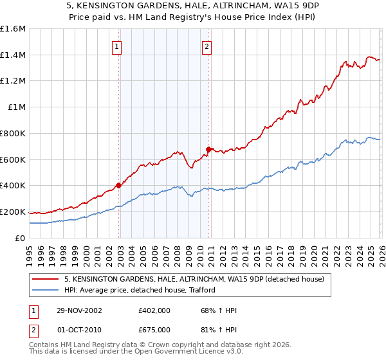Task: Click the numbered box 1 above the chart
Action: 116,46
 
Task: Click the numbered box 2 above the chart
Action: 207,46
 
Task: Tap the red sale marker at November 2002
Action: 119,185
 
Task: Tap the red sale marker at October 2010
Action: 208,149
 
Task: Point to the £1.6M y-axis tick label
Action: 13,29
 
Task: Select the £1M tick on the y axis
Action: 16,107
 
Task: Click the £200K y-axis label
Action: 13,212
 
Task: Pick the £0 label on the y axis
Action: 21,238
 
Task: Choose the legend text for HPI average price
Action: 140,291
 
